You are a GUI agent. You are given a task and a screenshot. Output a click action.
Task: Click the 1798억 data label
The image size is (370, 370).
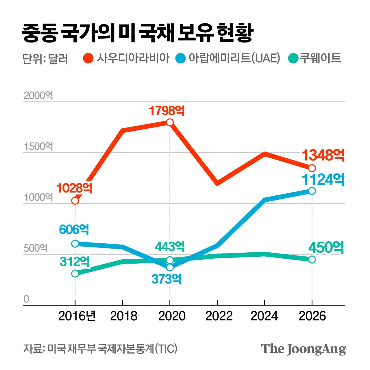(167, 111)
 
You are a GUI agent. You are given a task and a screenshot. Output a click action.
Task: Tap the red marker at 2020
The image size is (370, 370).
(170, 122)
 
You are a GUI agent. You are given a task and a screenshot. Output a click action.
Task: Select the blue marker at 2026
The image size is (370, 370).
(312, 191)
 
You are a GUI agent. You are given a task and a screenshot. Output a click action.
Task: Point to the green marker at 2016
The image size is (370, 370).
(75, 273)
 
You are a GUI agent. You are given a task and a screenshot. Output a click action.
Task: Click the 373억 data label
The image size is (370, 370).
(166, 279)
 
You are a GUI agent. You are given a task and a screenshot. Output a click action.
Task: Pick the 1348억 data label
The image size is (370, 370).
(323, 155)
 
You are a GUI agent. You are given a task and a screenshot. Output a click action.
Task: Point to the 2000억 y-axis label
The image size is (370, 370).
(38, 96)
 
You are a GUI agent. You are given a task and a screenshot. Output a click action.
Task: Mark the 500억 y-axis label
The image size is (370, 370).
(36, 248)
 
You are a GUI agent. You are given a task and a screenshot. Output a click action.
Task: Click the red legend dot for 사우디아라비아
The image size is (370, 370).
(88, 58)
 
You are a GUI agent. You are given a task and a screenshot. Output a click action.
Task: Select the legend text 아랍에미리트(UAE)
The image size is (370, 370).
(234, 58)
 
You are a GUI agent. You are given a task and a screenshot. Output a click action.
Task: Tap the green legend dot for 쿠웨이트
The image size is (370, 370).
(293, 58)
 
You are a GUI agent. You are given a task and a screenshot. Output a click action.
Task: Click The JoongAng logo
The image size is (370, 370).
(303, 349)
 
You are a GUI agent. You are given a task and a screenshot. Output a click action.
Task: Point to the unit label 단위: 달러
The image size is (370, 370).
(45, 59)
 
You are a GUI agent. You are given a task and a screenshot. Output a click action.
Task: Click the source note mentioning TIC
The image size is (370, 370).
(100, 349)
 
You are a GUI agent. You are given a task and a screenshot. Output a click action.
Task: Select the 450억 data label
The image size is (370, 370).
(326, 248)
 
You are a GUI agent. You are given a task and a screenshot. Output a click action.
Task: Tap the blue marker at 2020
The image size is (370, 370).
(170, 267)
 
